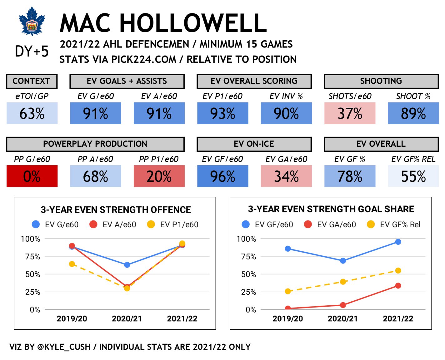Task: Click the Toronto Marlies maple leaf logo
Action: click(x=32, y=21)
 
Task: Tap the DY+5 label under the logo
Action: click(x=32, y=52)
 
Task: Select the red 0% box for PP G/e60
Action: click(x=32, y=176)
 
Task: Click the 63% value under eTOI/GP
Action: click(x=32, y=114)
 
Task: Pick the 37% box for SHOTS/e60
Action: click(x=350, y=114)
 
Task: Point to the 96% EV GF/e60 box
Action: click(x=222, y=176)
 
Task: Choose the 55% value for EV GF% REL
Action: click(x=413, y=176)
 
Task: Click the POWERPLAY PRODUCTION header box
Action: click(x=95, y=144)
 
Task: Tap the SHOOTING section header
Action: click(x=381, y=81)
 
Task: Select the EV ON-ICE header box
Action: click(x=254, y=144)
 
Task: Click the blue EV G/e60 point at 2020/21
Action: click(x=127, y=265)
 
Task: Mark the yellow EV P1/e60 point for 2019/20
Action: click(x=72, y=264)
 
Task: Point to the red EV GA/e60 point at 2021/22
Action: click(x=398, y=286)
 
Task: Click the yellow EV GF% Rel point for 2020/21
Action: click(x=343, y=282)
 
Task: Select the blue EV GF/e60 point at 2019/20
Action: click(x=288, y=249)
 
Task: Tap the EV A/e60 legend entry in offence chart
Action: click(x=113, y=224)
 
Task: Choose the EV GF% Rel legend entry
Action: click(x=394, y=224)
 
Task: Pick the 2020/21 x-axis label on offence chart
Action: click(x=127, y=319)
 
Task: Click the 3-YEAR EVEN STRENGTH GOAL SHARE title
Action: click(x=331, y=209)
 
